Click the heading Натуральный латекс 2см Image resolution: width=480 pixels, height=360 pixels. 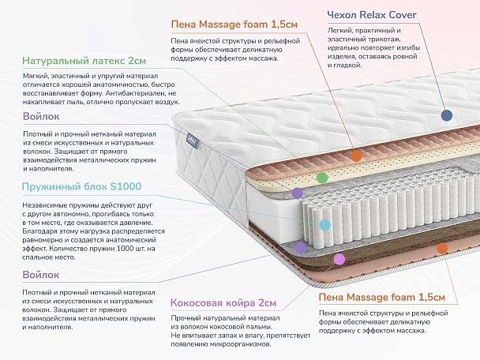tap(84, 60)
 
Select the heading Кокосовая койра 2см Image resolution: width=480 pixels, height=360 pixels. tap(223, 302)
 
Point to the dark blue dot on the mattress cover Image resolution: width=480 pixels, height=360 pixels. tap(447, 114)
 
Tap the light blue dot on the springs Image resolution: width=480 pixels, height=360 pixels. tap(324, 224)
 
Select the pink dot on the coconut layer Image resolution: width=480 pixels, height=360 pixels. tap(339, 258)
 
